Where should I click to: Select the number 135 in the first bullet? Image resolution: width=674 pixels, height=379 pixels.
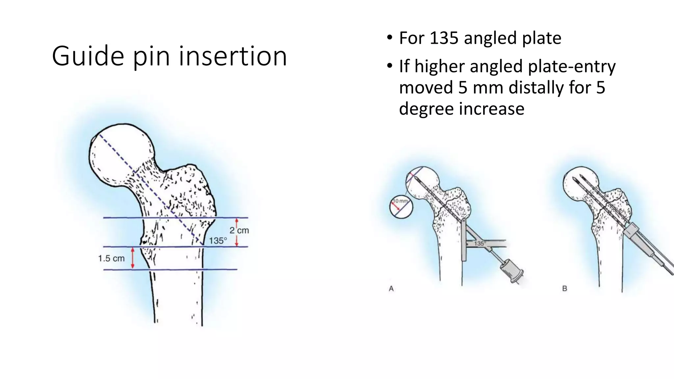[x=444, y=38]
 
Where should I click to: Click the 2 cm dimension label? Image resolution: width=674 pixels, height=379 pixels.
[x=239, y=230]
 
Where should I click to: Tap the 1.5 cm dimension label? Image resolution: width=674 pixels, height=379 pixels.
[x=111, y=259]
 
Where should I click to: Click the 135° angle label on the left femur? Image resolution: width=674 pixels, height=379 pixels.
[x=218, y=241]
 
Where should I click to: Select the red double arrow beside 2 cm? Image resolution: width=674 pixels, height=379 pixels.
[x=237, y=232]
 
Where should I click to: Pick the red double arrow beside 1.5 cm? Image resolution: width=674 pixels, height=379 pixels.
[x=133, y=258]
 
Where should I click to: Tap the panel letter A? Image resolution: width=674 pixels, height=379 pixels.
[x=391, y=289]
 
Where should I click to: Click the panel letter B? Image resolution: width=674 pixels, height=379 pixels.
[x=565, y=289]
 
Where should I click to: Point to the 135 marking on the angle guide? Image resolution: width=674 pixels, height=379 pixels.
[x=479, y=244]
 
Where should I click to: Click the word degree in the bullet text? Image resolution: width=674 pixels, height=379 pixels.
[x=427, y=109]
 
